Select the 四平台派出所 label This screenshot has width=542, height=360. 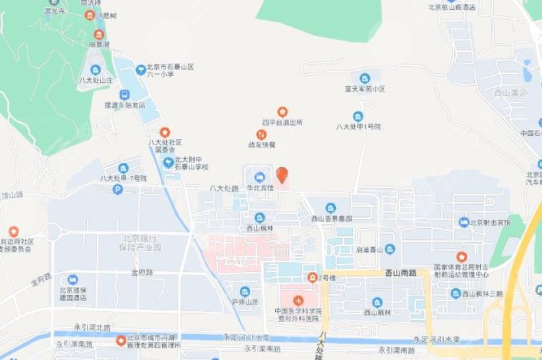pos(282,122)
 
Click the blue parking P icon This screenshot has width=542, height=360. pos(118,190)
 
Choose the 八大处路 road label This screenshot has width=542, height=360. pos(223,188)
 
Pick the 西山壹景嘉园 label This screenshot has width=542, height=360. pos(331,219)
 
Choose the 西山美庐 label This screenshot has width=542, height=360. pos(511,94)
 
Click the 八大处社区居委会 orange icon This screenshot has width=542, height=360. pos(165,132)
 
